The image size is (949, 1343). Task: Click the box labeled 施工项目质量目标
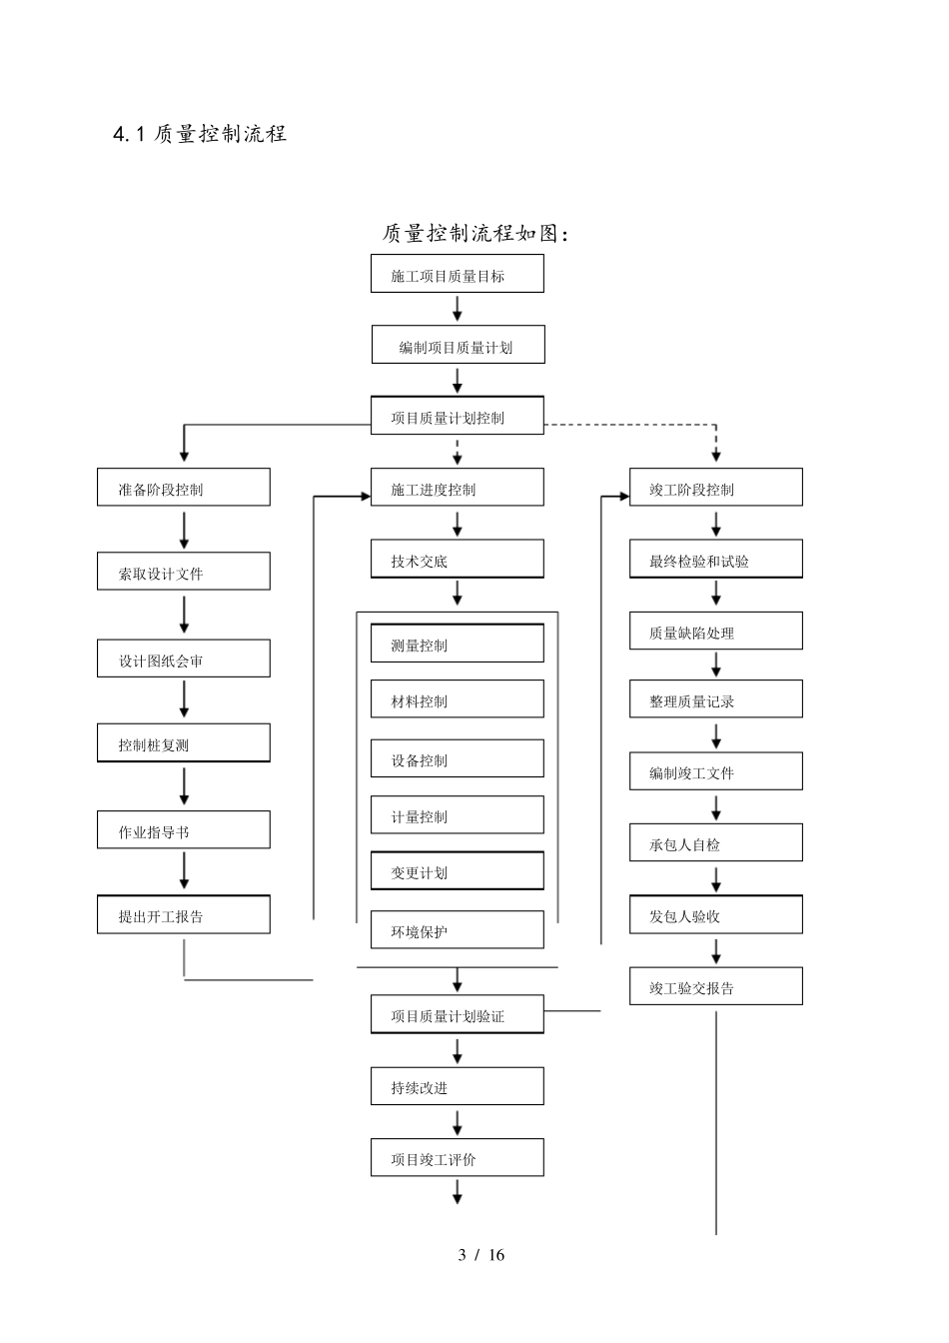pyautogui.click(x=457, y=274)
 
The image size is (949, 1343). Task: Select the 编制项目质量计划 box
pyautogui.click(x=458, y=345)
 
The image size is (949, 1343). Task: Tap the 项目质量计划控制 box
pyautogui.click(x=457, y=416)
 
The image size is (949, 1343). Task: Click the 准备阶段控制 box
pyautogui.click(x=183, y=488)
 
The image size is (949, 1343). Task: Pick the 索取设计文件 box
pyautogui.click(x=183, y=572)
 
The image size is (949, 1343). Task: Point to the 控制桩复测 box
pyautogui.click(x=183, y=743)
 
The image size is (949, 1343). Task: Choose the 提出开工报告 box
pyautogui.click(x=183, y=915)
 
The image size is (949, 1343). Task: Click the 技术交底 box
pyautogui.click(x=457, y=560)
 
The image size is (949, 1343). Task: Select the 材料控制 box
pyautogui.click(x=457, y=699)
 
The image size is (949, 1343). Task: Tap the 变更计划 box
pyautogui.click(x=457, y=871)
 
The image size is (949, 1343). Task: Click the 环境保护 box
pyautogui.click(x=457, y=930)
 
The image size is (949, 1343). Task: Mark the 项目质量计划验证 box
pyautogui.click(x=457, y=1014)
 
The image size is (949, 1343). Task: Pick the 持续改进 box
pyautogui.click(x=457, y=1086)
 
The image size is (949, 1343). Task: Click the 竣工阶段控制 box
pyautogui.click(x=715, y=488)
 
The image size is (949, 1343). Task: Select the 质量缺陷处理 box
pyautogui.click(x=715, y=632)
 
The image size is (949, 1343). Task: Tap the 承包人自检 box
pyautogui.click(x=715, y=843)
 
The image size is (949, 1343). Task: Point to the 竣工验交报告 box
pyautogui.click(x=715, y=986)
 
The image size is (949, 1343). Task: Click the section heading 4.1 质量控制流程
pyautogui.click(x=200, y=134)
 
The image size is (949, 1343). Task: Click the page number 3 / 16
pyautogui.click(x=480, y=1255)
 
